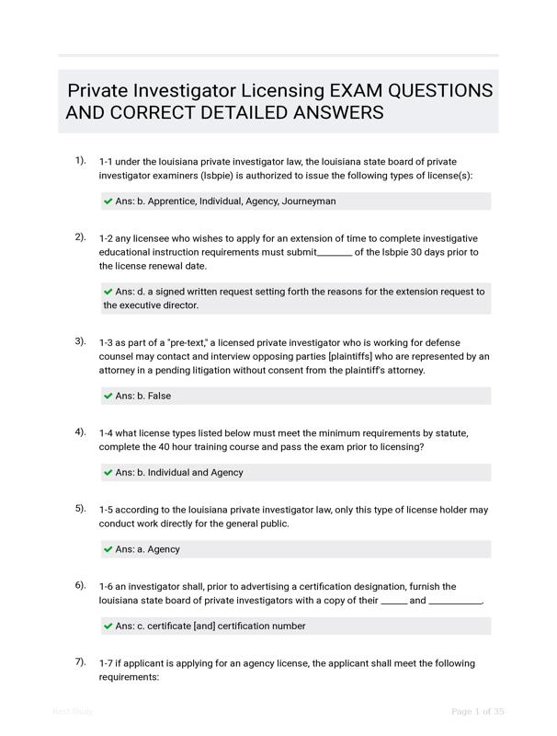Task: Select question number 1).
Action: point(80,160)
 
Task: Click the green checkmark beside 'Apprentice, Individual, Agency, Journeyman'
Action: point(108,201)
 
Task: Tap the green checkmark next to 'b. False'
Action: point(108,396)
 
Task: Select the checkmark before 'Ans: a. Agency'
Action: point(108,549)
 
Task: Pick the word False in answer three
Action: point(159,396)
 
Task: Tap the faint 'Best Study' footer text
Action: point(73,711)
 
